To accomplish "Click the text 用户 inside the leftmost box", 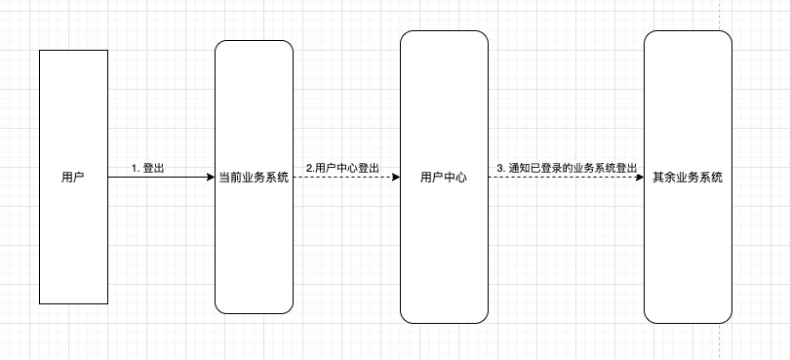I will coord(73,178).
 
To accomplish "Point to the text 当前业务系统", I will coord(254,178).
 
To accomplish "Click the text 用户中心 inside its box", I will coord(444,178).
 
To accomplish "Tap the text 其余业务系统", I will coord(688,178).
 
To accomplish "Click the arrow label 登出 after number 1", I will coord(153,168).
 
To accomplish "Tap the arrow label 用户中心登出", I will coord(347,168).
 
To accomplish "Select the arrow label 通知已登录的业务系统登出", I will coord(573,168).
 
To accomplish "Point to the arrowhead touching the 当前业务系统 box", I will coord(209,178).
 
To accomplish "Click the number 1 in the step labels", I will coord(135,168).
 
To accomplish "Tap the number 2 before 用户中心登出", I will coord(308,168).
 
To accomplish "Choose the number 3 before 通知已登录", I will coord(499,168).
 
